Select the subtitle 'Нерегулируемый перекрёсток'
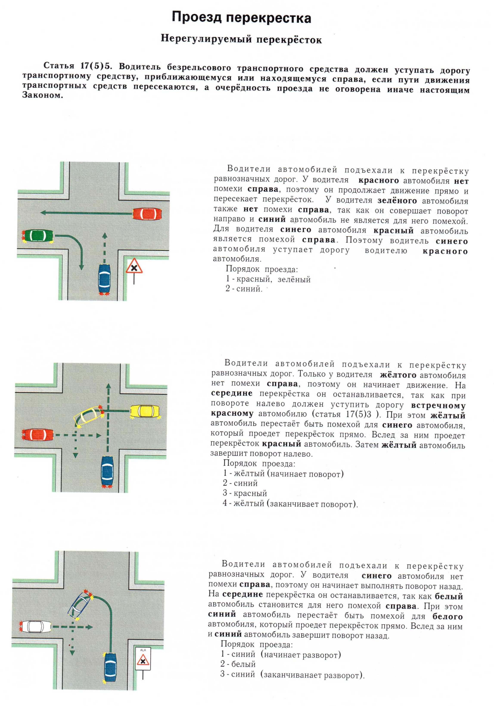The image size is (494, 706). coord(241,39)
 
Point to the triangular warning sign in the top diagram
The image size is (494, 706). coord(134,266)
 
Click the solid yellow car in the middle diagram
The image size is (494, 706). coord(145,411)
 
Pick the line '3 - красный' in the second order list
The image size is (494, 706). coord(245,493)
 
